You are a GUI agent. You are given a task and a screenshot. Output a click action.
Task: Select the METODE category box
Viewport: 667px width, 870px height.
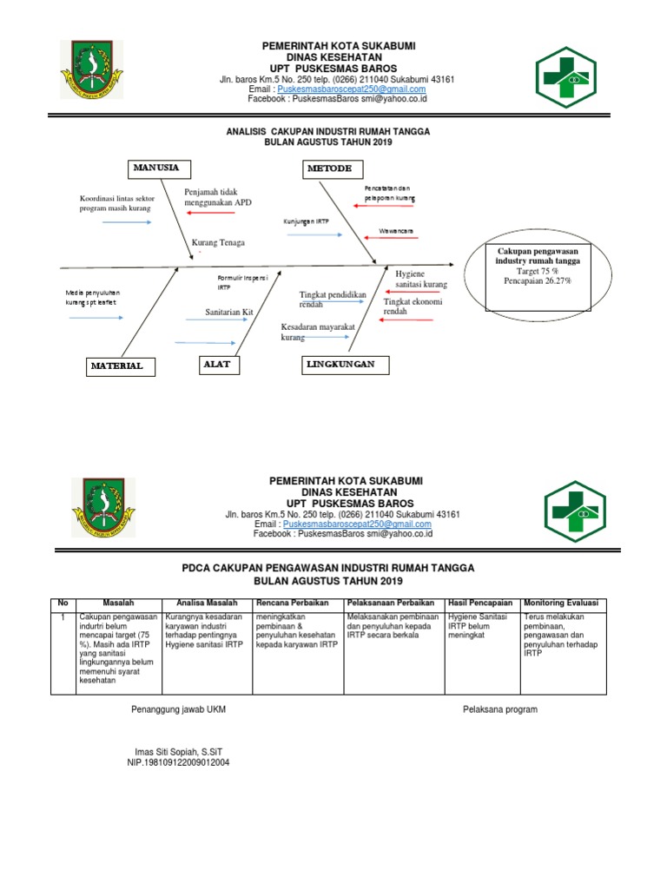(x=332, y=168)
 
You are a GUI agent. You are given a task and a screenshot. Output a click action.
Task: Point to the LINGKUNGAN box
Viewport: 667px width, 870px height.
(x=340, y=365)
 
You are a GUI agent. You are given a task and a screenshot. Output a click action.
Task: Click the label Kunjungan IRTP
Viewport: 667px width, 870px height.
(x=306, y=221)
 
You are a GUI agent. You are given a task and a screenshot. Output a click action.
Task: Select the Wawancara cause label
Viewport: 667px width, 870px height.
(x=396, y=231)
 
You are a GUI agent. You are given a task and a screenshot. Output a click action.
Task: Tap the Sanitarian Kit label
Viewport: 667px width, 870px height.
(x=229, y=312)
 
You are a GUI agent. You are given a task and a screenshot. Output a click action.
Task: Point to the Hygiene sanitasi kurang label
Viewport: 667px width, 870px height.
(x=421, y=279)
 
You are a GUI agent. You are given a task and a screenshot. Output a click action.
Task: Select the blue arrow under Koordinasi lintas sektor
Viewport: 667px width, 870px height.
(x=127, y=222)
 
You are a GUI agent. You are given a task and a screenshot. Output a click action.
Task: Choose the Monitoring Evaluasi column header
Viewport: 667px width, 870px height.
(x=565, y=603)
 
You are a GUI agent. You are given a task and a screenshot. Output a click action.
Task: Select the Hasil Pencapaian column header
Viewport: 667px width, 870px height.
(x=480, y=603)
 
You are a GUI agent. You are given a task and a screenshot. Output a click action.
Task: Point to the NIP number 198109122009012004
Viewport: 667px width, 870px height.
(x=178, y=762)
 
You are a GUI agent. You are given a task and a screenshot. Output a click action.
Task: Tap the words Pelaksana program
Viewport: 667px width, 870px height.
(x=500, y=709)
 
